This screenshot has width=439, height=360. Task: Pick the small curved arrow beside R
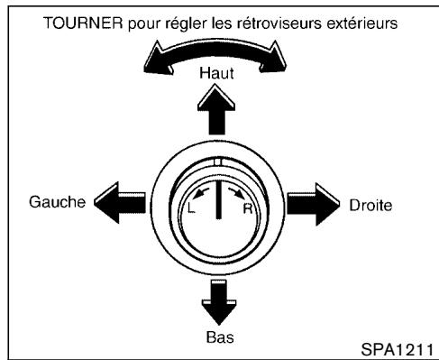coord(235,190)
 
